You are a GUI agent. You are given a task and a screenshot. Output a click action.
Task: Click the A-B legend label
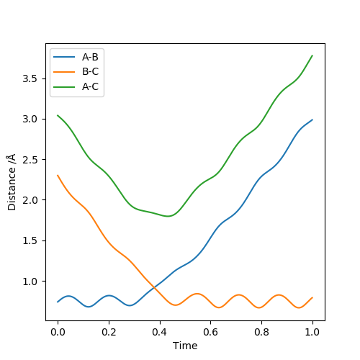[90, 57]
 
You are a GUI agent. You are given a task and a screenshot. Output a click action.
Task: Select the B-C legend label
[91, 72]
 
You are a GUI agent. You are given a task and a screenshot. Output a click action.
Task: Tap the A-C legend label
[91, 86]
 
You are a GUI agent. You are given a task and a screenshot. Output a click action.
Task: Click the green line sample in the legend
[64, 87]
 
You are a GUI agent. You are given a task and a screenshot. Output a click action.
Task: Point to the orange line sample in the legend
[64, 72]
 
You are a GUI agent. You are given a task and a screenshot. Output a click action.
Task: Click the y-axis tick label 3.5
[30, 78]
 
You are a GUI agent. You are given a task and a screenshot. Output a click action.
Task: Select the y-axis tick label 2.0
[30, 200]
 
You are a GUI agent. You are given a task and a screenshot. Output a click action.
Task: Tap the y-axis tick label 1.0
[30, 282]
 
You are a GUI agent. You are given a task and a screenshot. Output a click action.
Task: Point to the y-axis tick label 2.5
[30, 160]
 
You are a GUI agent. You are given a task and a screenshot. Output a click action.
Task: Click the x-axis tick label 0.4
[160, 332]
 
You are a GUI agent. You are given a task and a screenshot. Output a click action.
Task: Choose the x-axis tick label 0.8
[261, 332]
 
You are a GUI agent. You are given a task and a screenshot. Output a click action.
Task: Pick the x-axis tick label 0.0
[58, 332]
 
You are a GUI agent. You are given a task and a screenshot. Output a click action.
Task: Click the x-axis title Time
[185, 346]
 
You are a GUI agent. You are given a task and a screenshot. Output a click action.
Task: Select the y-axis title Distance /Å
[12, 182]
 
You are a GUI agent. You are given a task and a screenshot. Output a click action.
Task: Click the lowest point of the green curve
[168, 216]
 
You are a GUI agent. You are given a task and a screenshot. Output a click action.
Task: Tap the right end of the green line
[312, 55]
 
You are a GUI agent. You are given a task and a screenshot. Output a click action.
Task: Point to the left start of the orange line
[58, 175]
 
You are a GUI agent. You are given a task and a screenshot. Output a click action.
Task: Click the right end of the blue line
[312, 120]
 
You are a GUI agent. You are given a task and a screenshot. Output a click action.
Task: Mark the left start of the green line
[58, 115]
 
